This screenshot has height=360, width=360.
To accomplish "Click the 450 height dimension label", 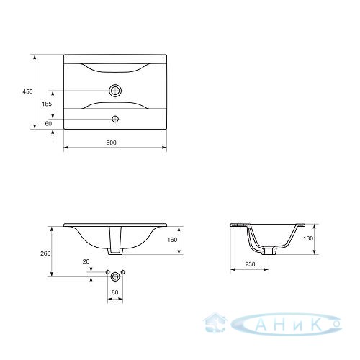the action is pyautogui.click(x=27, y=91).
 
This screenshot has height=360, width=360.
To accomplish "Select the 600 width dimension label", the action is pyautogui.click(x=111, y=143).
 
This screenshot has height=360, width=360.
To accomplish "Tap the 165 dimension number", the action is pyautogui.click(x=47, y=104).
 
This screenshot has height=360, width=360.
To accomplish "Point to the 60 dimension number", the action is pyautogui.click(x=48, y=124).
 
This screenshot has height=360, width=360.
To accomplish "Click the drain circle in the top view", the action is pyautogui.click(x=115, y=91).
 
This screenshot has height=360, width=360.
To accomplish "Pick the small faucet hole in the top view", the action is pyautogui.click(x=115, y=119).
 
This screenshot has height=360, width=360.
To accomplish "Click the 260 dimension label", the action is pyautogui.click(x=45, y=253).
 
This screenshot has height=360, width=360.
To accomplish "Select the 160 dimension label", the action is pyautogui.click(x=172, y=240).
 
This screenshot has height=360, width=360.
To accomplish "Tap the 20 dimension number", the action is pyautogui.click(x=86, y=261).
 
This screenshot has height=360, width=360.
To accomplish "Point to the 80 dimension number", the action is pyautogui.click(x=115, y=292).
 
